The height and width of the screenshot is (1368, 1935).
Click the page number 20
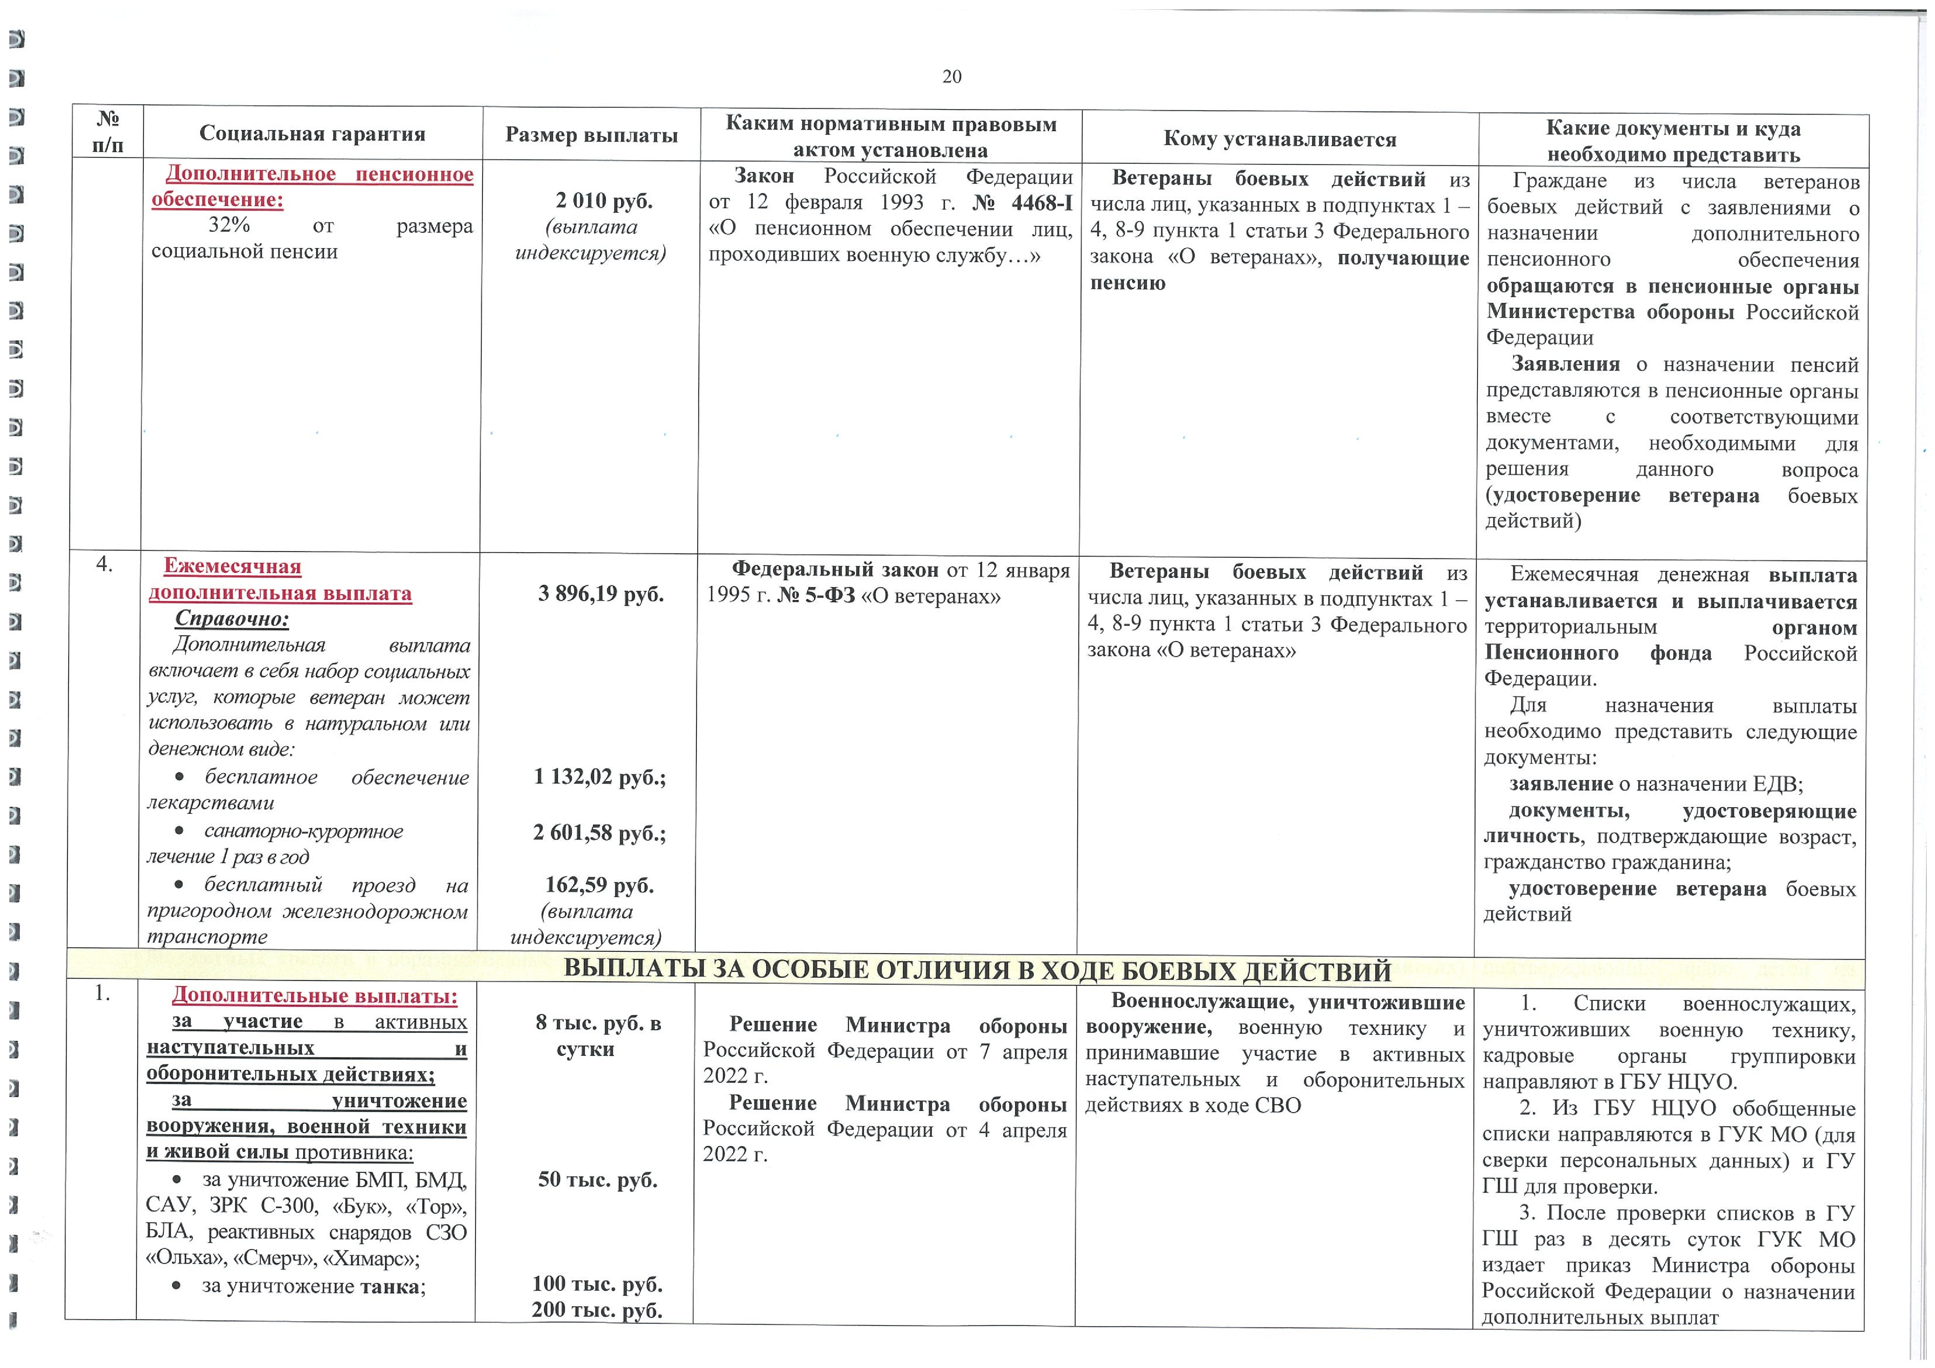951,77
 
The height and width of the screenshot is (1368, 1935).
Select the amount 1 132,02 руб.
599,776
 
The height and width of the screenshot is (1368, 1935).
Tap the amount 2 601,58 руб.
599,833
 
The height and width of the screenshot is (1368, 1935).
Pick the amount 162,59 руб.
599,885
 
